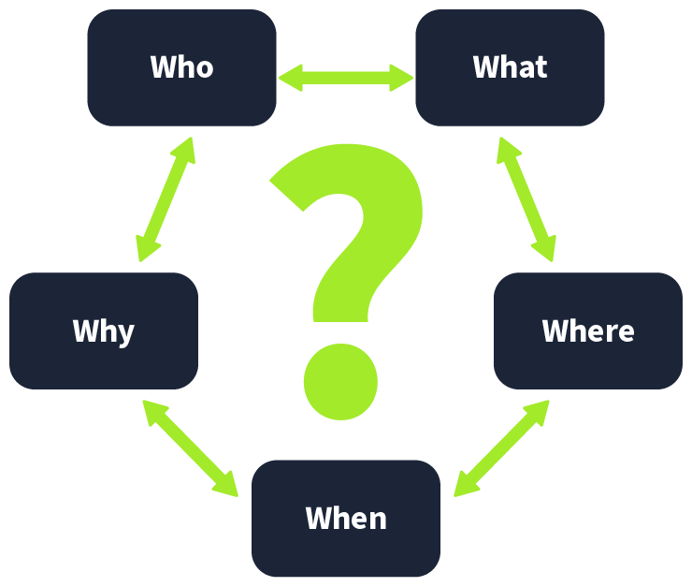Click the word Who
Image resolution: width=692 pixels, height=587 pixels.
pyautogui.click(x=181, y=67)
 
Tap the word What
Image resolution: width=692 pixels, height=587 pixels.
pyautogui.click(x=510, y=67)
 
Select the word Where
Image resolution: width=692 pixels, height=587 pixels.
pyautogui.click(x=587, y=330)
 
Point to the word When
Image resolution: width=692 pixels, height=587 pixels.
pyautogui.click(x=345, y=518)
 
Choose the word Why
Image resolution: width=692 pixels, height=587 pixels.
pyautogui.click(x=103, y=330)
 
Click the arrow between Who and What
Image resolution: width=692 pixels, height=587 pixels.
pyautogui.click(x=346, y=78)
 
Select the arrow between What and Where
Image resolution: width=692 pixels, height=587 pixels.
pyautogui.click(x=526, y=199)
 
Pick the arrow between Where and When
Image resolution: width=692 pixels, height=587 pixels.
pyautogui.click(x=501, y=448)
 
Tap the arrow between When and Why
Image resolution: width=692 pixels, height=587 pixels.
pyautogui.click(x=191, y=448)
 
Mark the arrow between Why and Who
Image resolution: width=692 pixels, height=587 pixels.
pyautogui.click(x=165, y=199)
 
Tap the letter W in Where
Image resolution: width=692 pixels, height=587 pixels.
pyautogui.click(x=555, y=330)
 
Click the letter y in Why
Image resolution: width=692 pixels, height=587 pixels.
pyautogui.click(x=124, y=334)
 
